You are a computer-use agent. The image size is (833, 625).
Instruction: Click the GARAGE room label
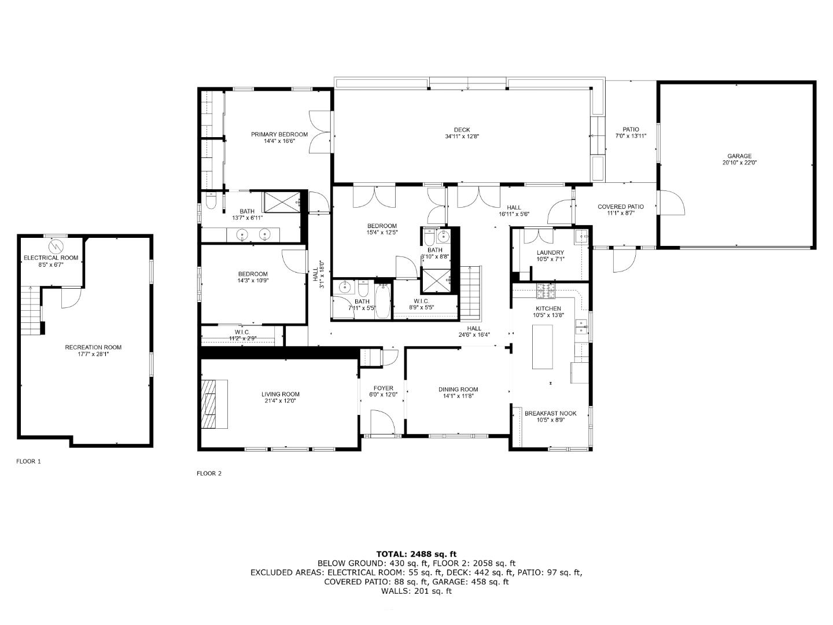tap(739, 156)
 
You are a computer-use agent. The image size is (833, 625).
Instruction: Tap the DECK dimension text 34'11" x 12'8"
tap(462, 136)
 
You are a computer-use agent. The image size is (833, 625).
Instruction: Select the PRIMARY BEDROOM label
tap(279, 134)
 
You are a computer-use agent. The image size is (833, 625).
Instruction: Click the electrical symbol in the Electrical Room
tap(56, 246)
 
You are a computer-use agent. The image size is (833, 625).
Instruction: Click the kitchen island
tap(542, 347)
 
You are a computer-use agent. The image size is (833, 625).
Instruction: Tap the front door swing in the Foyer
tap(381, 421)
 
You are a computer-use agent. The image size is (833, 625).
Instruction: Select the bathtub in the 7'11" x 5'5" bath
tap(382, 306)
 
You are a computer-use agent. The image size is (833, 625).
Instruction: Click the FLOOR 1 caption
tap(28, 461)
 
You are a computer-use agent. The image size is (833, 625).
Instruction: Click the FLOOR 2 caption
tap(209, 473)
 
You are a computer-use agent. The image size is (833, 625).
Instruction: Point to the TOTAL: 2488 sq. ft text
tap(417, 554)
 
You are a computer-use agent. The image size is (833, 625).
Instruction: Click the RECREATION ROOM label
tap(93, 347)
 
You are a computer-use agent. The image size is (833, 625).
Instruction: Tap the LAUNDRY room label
tap(550, 253)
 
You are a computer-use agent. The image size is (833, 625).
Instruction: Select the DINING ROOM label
tap(458, 389)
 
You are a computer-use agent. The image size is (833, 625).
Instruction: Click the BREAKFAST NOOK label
tap(550, 413)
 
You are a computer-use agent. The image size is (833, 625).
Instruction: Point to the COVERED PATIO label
tap(621, 207)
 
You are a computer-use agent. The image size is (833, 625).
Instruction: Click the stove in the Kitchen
tap(545, 291)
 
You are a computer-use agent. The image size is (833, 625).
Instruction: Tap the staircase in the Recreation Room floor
tap(30, 310)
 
